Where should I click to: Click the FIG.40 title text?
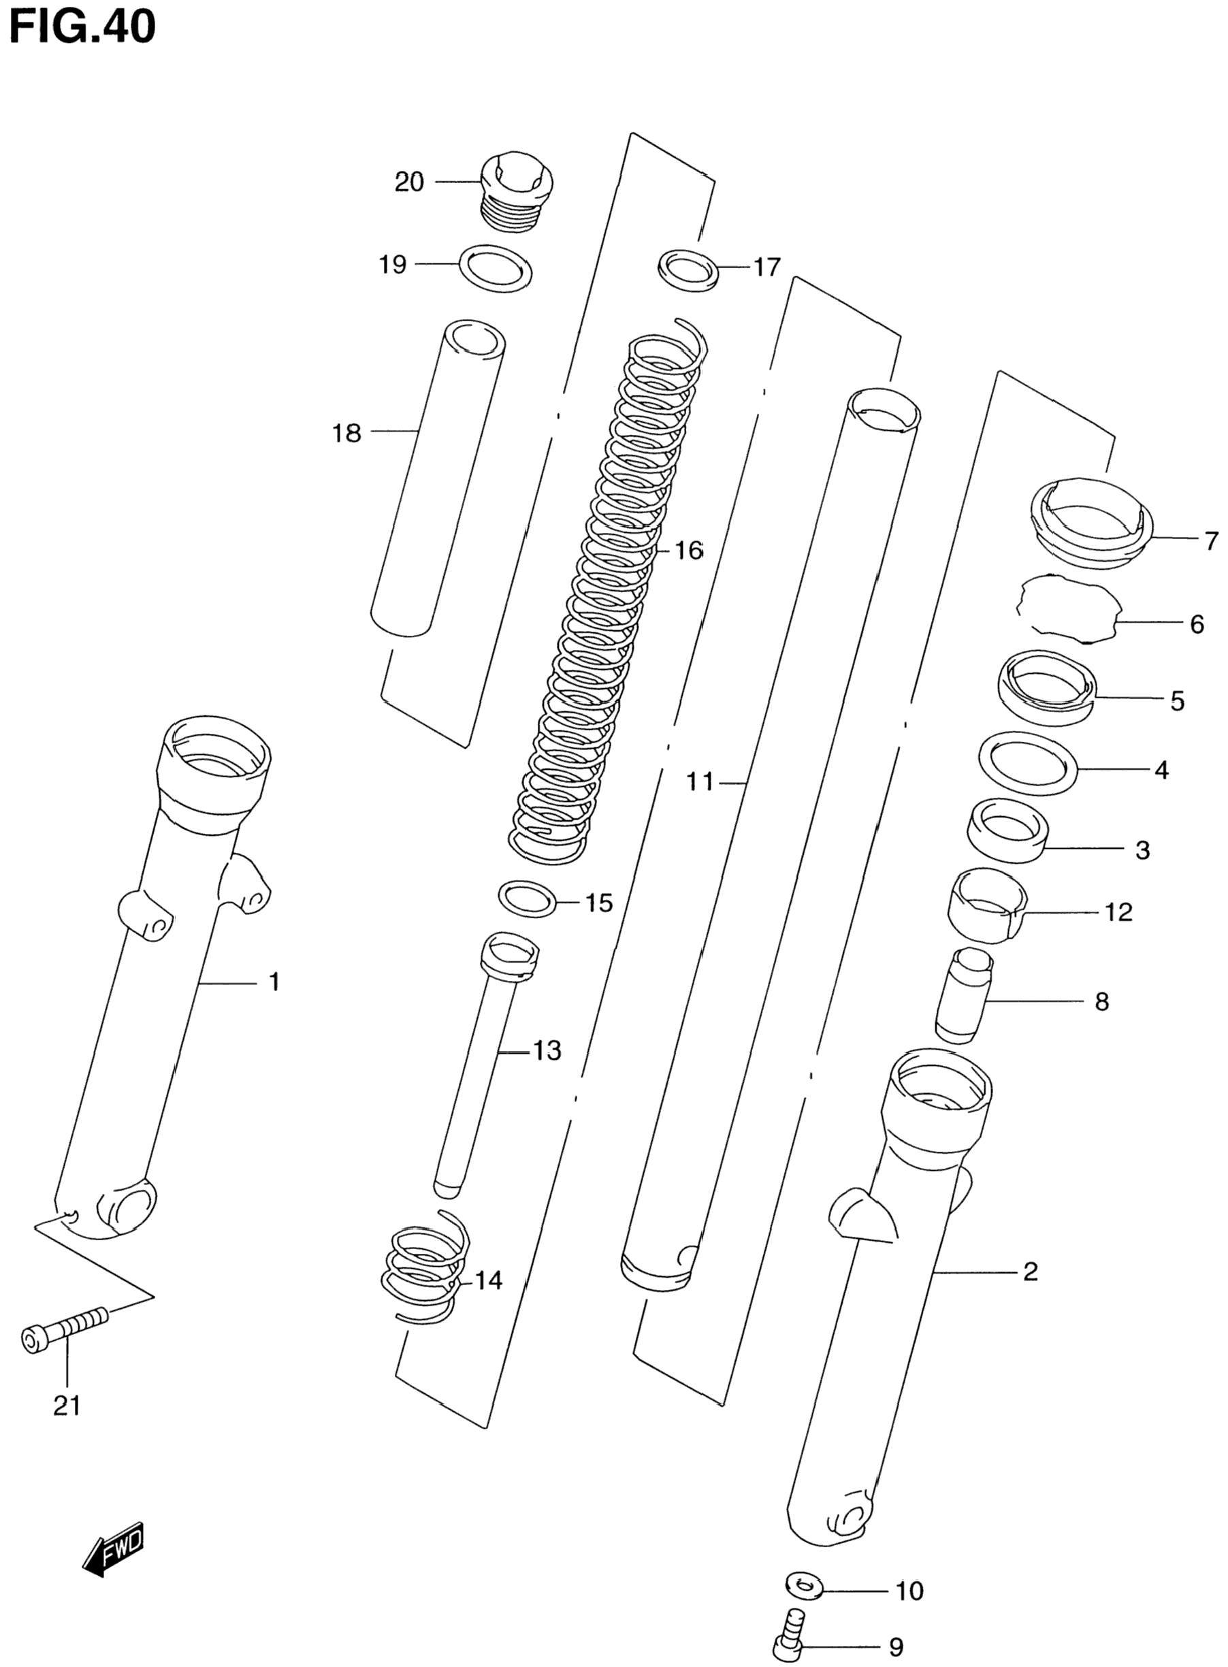[82, 27]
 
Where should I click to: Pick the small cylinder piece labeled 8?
[963, 994]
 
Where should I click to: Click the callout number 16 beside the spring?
[689, 551]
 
